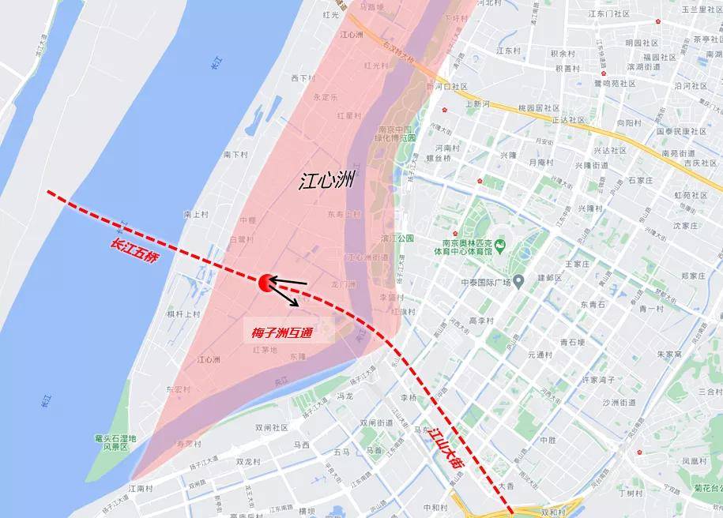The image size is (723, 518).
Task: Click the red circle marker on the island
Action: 265,281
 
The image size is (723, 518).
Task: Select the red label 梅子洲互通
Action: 277,334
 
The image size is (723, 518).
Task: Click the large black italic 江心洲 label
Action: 327,181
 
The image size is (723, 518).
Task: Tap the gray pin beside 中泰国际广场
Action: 518,281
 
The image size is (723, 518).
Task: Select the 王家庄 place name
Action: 578,264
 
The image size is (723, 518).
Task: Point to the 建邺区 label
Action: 549,278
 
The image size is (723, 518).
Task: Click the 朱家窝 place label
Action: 669,355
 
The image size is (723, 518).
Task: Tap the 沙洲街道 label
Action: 619,403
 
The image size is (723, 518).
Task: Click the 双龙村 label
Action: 249,462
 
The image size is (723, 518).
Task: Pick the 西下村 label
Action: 303,78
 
